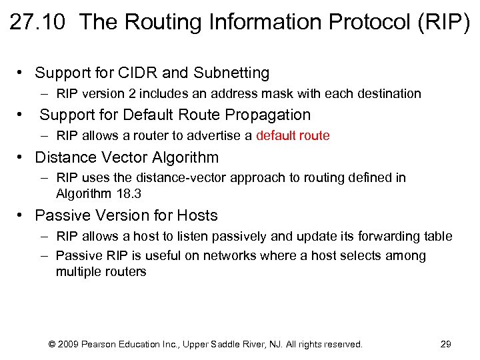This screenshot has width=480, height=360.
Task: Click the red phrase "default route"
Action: click(x=293, y=136)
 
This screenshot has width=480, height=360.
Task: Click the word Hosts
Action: click(x=197, y=216)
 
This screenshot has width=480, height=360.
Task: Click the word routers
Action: click(x=125, y=272)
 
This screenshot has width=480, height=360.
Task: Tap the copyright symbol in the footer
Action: click(x=52, y=345)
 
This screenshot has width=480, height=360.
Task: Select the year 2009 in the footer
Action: click(x=69, y=345)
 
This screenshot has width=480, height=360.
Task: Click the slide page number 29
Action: click(x=446, y=345)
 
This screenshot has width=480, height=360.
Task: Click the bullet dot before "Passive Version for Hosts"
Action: click(x=22, y=216)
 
